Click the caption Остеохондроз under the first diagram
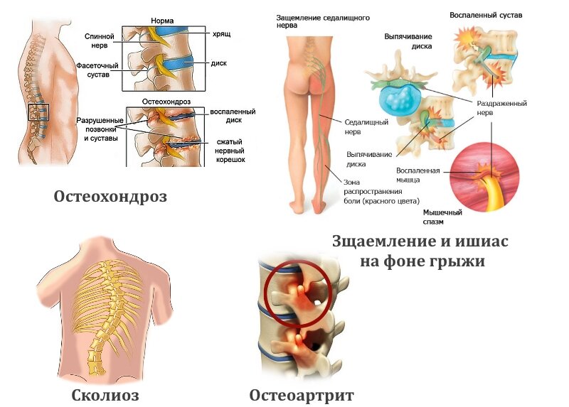coord(110,197)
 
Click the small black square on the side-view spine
coord(38,112)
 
